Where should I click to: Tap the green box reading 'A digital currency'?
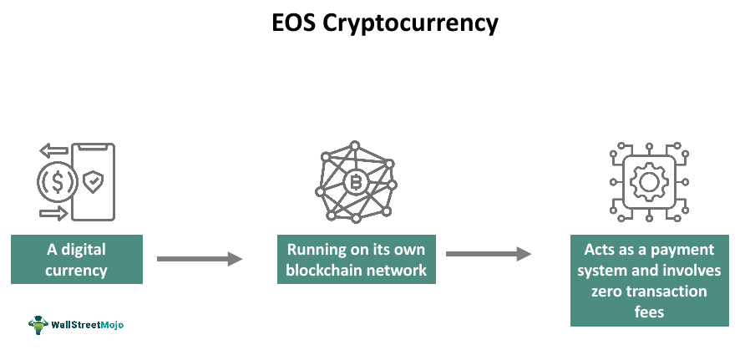[77, 260]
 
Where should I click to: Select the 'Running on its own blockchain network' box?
[357, 260]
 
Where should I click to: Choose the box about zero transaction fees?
[649, 281]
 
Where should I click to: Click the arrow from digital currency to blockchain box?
[199, 259]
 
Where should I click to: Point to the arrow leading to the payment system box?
[489, 254]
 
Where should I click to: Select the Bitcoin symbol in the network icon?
[357, 182]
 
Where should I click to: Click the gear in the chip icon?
[650, 181]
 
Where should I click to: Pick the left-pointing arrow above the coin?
[53, 151]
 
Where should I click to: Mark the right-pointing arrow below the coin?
[53, 214]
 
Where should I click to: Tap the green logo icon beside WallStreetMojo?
[38, 324]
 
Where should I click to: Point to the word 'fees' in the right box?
[649, 311]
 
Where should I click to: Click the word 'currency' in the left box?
[77, 270]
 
